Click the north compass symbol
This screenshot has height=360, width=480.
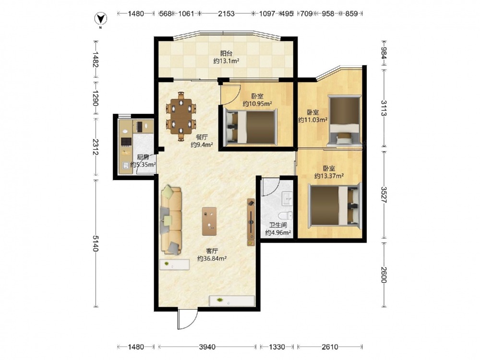coord(100,19)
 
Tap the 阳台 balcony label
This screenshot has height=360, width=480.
coord(226,53)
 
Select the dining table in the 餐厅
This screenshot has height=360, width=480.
coord(181,116)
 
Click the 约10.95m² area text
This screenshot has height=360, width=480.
coord(257,104)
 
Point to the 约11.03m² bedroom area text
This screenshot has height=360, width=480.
coord(313,120)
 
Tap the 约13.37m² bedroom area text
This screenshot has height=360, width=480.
coord(329,176)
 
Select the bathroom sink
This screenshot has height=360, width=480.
coord(287,198)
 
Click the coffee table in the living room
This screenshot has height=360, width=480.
coord(209,221)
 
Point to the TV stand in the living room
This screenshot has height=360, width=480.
coord(251,222)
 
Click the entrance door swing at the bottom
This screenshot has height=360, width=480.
coord(187,319)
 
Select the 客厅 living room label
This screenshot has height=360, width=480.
coord(212,251)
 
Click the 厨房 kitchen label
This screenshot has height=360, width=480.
coord(143,157)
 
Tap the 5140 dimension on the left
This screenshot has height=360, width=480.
coord(96,243)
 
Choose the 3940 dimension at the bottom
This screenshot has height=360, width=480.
coord(207,347)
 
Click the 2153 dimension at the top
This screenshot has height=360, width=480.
coord(226,13)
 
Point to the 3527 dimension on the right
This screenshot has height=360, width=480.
coord(384,194)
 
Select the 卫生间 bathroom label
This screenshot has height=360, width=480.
coord(278,225)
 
